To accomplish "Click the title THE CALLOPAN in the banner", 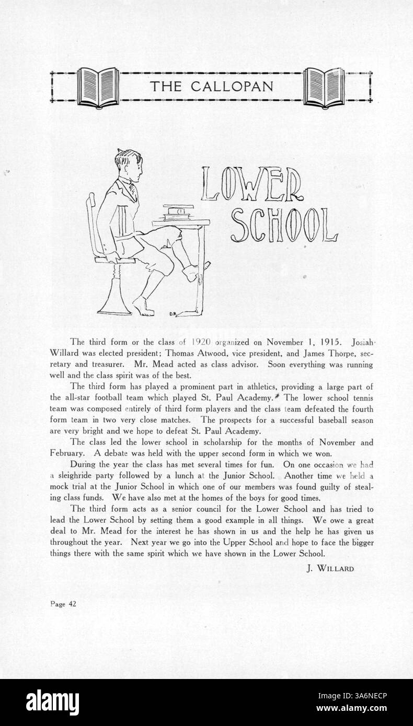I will [x=211, y=86].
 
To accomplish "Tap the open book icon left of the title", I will [x=98, y=87].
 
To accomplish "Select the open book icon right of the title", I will [x=324, y=87].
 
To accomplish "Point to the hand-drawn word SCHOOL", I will [x=283, y=226].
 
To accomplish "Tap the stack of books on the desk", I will [x=177, y=212].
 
